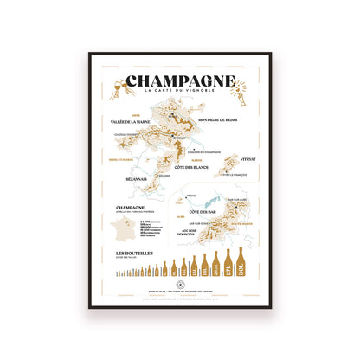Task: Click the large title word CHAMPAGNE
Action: click(x=179, y=83)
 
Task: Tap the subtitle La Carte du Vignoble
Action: click(x=179, y=94)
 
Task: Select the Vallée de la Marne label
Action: click(x=131, y=123)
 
